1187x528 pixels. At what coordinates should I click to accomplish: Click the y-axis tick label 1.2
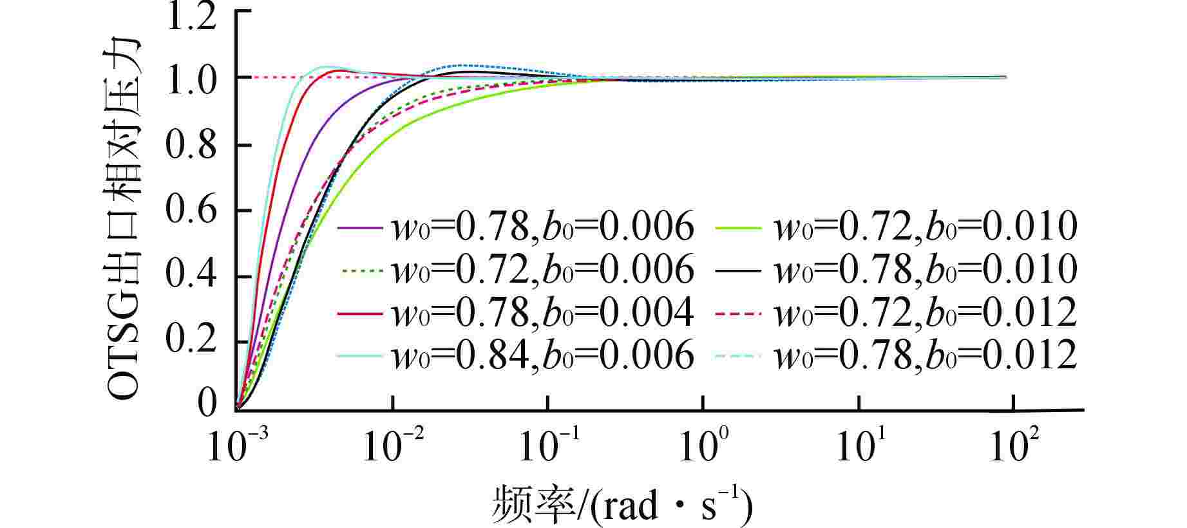[191, 17]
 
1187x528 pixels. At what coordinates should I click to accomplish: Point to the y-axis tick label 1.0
[191, 79]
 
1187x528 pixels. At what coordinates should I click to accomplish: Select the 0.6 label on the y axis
[191, 210]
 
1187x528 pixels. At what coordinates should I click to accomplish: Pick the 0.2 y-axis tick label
[191, 341]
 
